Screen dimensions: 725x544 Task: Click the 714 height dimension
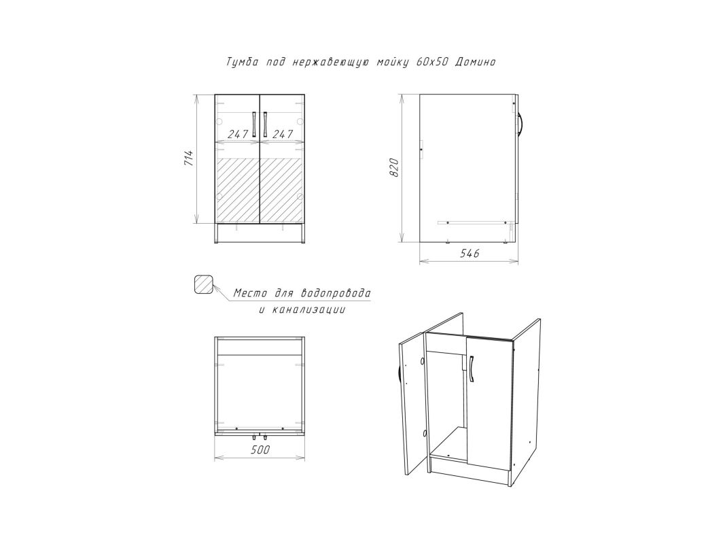click(x=188, y=158)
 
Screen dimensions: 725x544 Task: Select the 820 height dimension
click(x=394, y=167)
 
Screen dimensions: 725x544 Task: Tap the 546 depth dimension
click(x=469, y=253)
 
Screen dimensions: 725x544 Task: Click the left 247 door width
click(x=238, y=134)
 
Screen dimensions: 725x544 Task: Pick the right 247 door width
click(x=283, y=134)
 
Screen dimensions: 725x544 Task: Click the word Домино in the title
click(x=475, y=62)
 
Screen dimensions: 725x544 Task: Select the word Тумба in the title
click(x=243, y=62)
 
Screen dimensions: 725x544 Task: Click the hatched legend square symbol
click(x=205, y=284)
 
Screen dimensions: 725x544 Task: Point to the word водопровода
click(x=336, y=293)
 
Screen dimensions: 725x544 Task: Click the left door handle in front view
click(x=254, y=124)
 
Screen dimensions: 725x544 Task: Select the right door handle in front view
click(x=266, y=124)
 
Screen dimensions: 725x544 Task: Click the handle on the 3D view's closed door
click(x=471, y=369)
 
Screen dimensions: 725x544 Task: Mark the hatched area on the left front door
click(x=238, y=190)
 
